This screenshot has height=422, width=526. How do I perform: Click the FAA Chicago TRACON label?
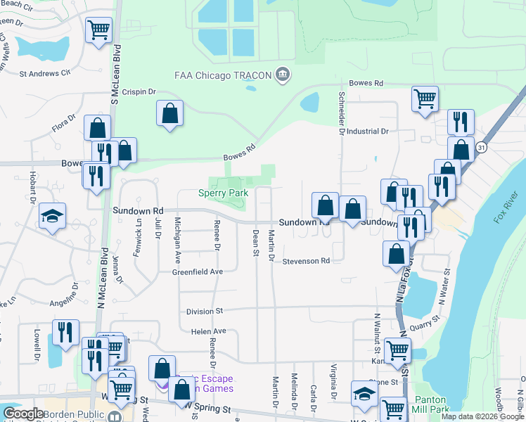(x=224, y=75)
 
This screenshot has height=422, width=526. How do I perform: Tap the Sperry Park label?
(x=223, y=193)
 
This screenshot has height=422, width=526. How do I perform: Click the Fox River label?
(x=505, y=207)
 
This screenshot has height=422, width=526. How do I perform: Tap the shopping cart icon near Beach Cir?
(x=99, y=30)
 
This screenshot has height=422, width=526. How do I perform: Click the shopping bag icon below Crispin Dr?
(x=170, y=113)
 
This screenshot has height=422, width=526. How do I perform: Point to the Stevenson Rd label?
(x=306, y=261)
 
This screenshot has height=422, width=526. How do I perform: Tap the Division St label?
(x=205, y=311)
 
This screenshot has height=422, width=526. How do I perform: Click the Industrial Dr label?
(x=367, y=132)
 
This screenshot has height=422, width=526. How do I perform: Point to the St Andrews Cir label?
(x=45, y=72)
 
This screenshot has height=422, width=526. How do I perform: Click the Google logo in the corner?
(x=23, y=414)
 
